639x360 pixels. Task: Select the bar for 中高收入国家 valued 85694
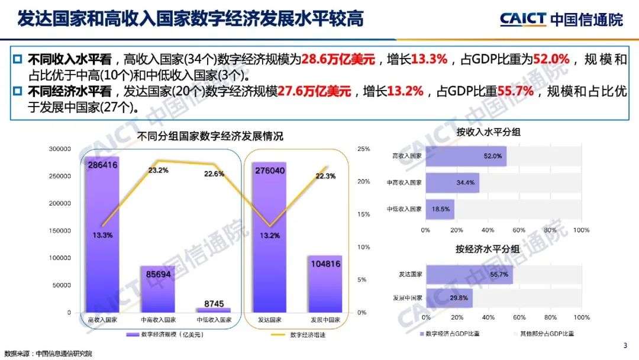(x=158, y=290)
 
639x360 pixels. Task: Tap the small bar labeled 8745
(x=213, y=310)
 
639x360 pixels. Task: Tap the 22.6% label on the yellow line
(x=214, y=173)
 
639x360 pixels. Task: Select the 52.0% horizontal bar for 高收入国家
(x=466, y=156)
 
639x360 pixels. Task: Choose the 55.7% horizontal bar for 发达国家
(x=469, y=275)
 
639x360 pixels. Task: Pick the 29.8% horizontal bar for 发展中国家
(x=448, y=298)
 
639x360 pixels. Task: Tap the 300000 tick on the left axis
(x=60, y=149)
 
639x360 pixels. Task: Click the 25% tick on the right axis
(x=363, y=149)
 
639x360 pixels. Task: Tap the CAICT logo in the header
(x=523, y=19)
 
